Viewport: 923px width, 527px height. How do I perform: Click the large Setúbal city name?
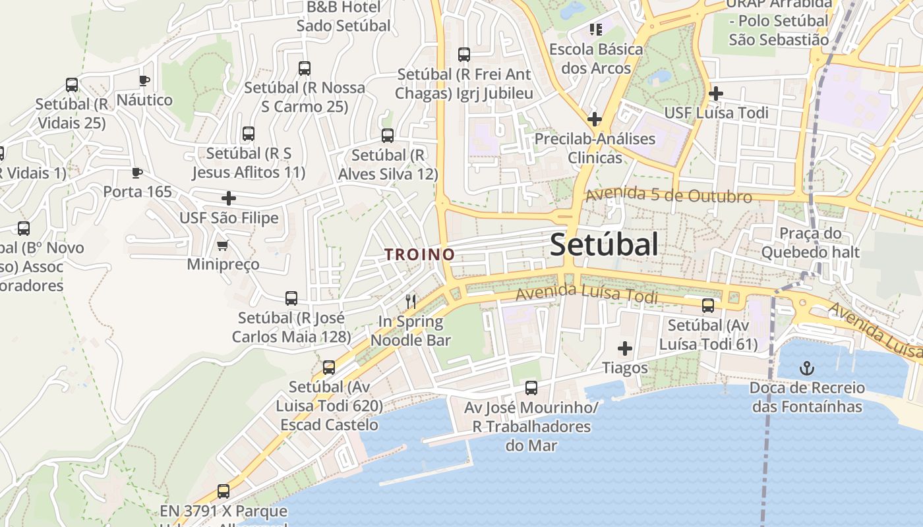(x=604, y=245)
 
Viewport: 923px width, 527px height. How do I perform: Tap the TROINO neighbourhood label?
(x=420, y=254)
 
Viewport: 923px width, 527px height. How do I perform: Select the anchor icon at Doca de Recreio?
(x=806, y=368)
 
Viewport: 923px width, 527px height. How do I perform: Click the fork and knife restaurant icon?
(x=411, y=302)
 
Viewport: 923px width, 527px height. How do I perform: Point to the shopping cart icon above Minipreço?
(x=223, y=246)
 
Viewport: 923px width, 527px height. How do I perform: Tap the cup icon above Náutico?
(x=144, y=81)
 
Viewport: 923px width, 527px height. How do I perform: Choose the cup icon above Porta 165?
(x=137, y=173)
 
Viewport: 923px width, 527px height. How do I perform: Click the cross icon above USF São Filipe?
(x=229, y=198)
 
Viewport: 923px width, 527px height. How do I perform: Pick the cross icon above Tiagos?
(x=624, y=348)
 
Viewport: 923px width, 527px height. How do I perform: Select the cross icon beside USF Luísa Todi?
(x=715, y=94)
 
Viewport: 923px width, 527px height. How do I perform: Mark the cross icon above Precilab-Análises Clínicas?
(x=595, y=119)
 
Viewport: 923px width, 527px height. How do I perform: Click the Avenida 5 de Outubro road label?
(x=669, y=196)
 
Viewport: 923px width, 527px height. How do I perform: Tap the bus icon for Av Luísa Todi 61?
(x=708, y=306)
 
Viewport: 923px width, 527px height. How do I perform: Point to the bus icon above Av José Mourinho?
(x=531, y=388)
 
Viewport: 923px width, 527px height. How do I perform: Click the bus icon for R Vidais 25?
(x=72, y=85)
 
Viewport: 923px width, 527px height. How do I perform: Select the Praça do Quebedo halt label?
(x=810, y=242)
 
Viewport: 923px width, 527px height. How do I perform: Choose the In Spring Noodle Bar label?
(x=411, y=331)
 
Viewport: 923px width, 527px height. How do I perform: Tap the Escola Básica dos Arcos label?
(x=596, y=59)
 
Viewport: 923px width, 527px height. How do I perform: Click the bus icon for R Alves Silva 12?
(x=388, y=136)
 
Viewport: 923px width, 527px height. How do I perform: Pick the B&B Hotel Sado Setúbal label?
(x=343, y=16)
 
